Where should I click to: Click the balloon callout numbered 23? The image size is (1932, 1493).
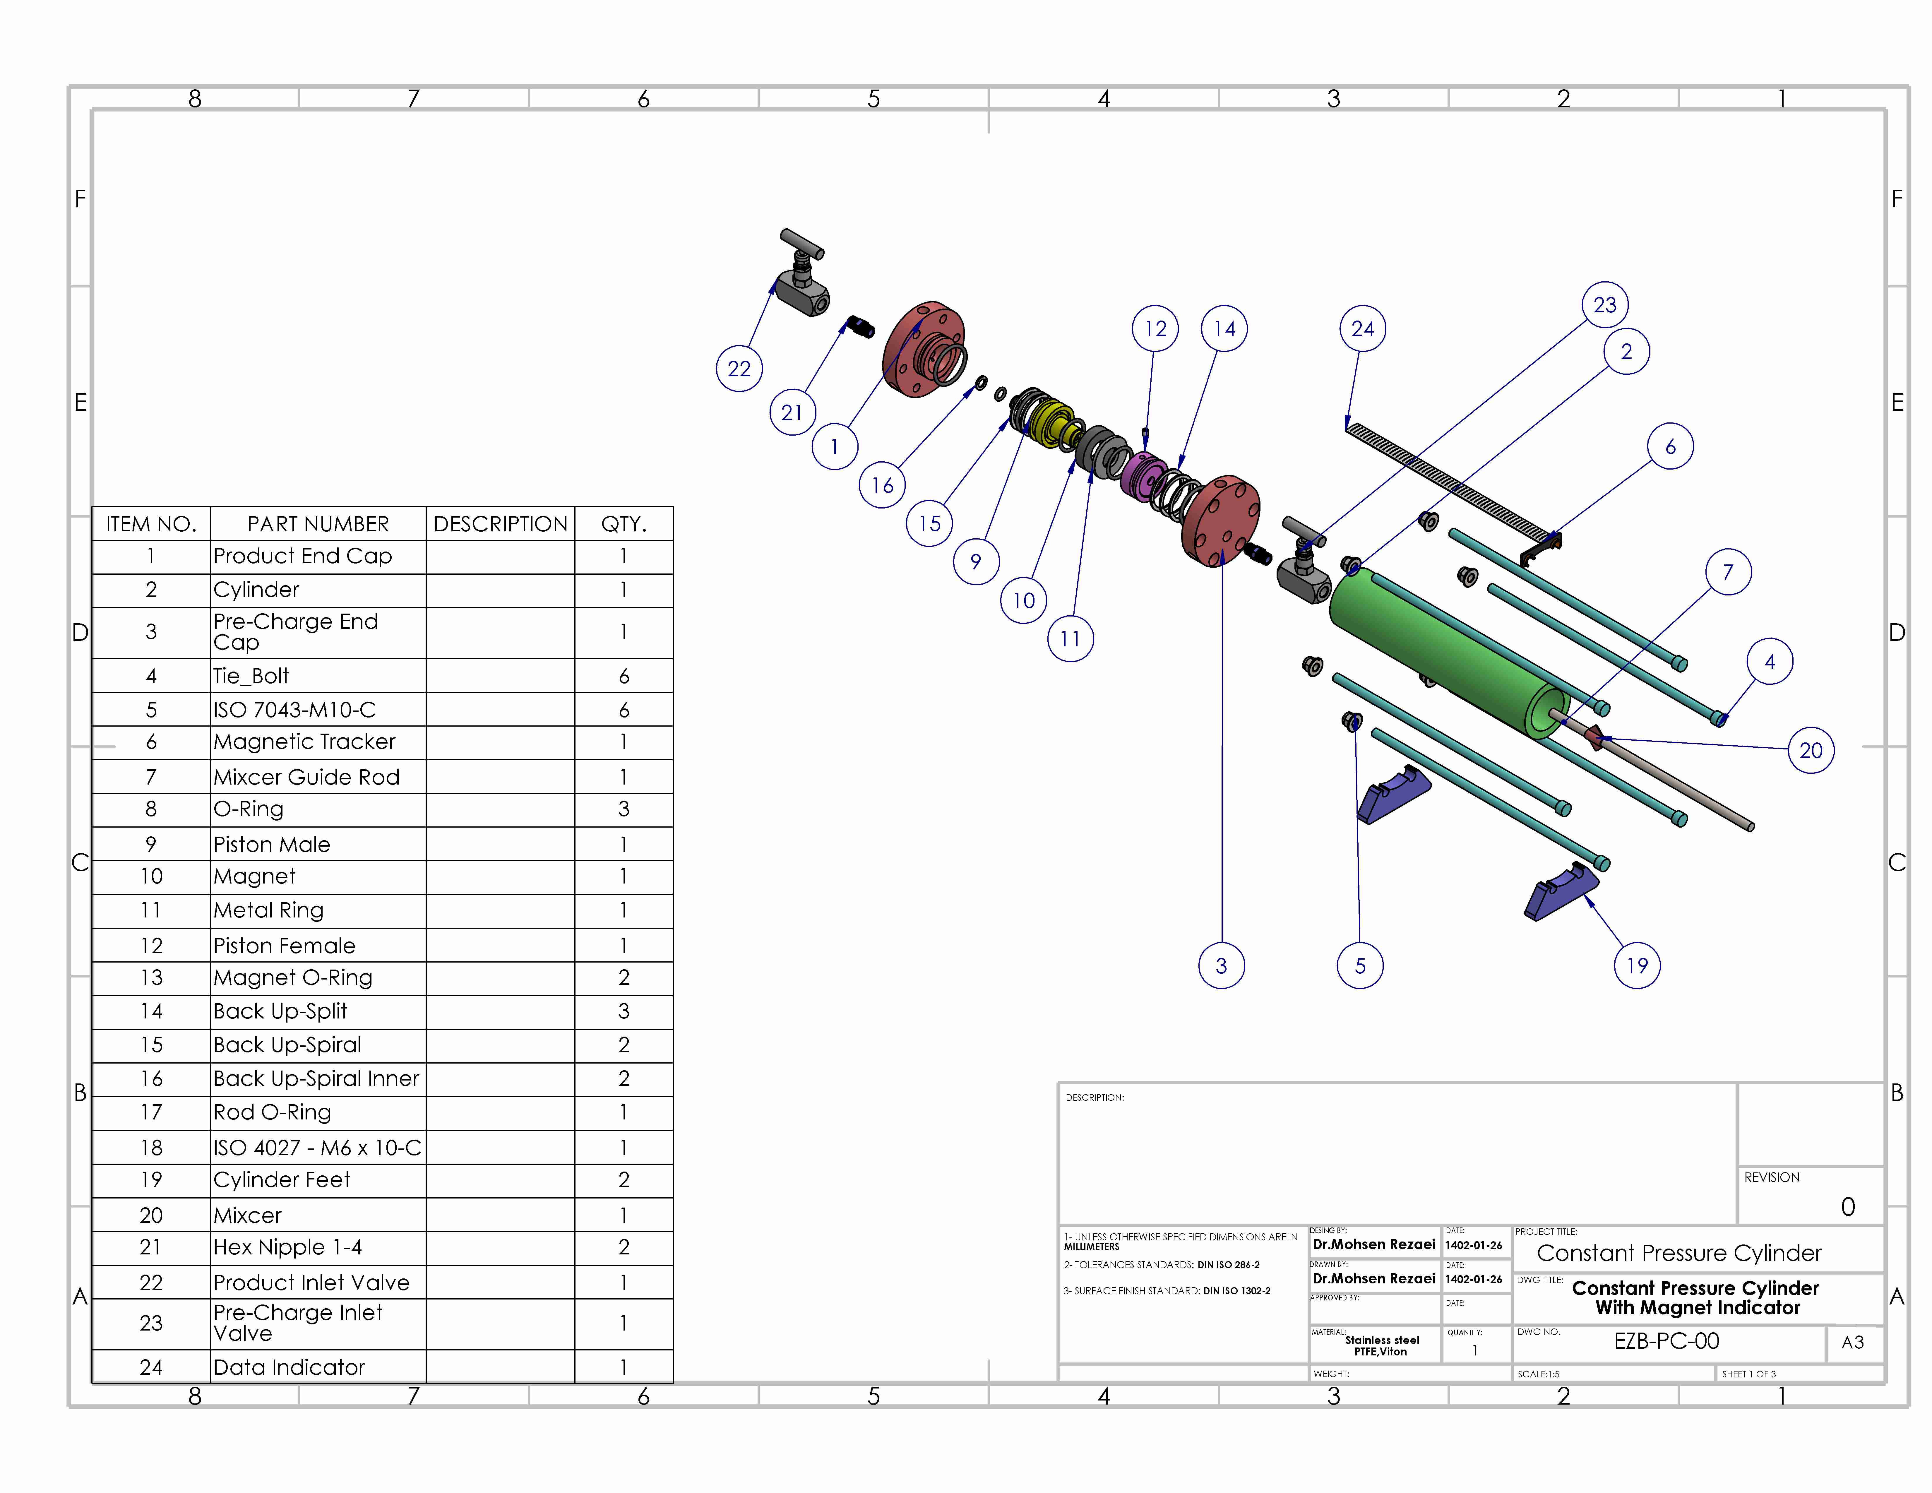point(1605,305)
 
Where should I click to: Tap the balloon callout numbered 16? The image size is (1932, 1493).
point(882,486)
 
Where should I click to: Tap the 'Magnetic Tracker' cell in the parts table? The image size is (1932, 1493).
point(304,742)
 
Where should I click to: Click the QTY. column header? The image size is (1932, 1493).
point(624,525)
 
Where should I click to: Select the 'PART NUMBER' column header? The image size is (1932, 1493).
point(318,525)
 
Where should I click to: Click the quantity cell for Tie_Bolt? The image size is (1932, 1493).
point(624,677)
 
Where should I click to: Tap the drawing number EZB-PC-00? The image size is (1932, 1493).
point(1666,1341)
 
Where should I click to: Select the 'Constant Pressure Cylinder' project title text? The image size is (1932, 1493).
point(1679,1253)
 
